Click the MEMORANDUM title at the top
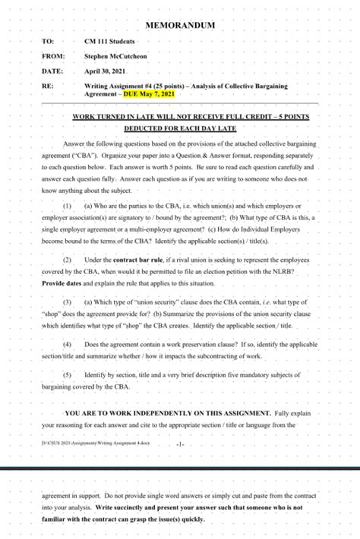[x=180, y=26]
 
